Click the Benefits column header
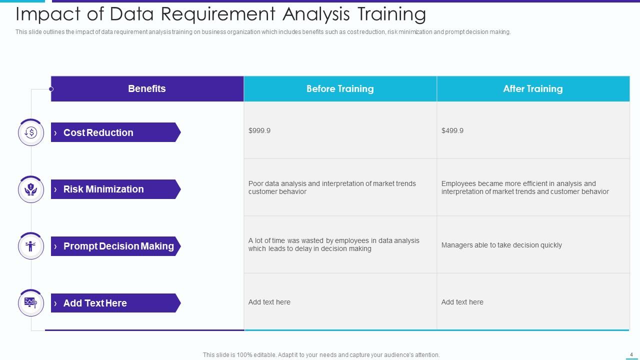coord(146,89)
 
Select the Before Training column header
coord(340,89)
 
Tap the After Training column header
coord(532,89)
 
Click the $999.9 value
coord(259,130)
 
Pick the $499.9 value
coord(452,130)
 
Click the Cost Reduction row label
coord(98,132)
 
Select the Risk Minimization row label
coord(103,189)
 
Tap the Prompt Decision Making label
coord(118,246)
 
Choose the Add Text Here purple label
coord(95,303)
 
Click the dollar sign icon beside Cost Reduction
coord(31,132)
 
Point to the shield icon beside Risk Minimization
coord(31,189)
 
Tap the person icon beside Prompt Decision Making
coord(31,246)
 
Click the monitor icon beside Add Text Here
coord(31,302)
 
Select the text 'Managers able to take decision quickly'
coord(501,245)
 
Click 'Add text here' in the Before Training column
coord(269,302)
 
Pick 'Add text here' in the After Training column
coord(462,302)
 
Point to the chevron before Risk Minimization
coord(55,189)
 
